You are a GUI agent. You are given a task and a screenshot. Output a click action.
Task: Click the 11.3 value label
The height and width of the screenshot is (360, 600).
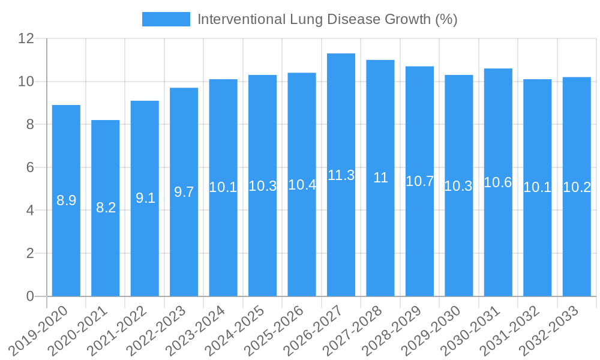click(341, 175)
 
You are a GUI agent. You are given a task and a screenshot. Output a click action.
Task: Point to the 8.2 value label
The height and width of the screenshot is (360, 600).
click(106, 208)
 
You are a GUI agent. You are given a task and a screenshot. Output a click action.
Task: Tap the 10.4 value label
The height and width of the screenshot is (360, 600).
click(302, 185)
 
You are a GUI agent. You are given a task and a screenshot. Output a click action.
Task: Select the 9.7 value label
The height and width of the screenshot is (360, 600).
click(184, 192)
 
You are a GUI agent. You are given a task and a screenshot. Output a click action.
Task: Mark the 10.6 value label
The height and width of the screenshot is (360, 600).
click(498, 182)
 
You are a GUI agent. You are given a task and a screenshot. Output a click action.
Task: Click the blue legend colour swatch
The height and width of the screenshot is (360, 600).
click(166, 19)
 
